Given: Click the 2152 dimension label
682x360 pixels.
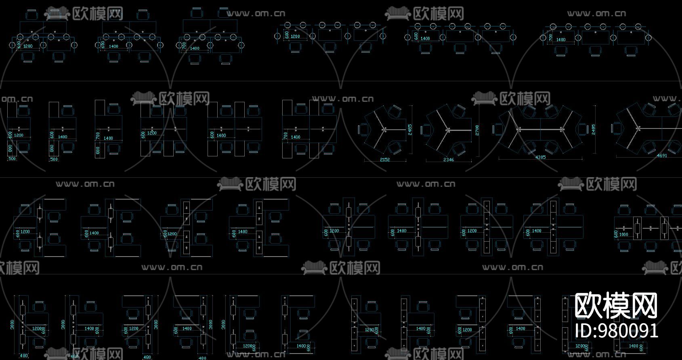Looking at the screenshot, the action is pyautogui.click(x=385, y=160).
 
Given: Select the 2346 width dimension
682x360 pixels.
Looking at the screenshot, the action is pyautogui.click(x=449, y=160).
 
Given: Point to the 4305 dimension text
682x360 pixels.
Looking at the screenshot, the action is pyautogui.click(x=540, y=157).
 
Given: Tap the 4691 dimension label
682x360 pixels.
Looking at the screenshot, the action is pyautogui.click(x=662, y=156).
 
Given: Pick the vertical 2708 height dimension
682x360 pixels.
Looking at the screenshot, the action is pyautogui.click(x=477, y=130).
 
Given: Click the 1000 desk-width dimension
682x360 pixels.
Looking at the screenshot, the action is pyautogui.click(x=624, y=234).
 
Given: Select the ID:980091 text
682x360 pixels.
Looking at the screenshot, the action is pyautogui.click(x=616, y=331).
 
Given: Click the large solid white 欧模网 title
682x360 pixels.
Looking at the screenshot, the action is pyautogui.click(x=616, y=306).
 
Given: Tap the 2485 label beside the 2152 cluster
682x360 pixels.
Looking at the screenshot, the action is pyautogui.click(x=409, y=130).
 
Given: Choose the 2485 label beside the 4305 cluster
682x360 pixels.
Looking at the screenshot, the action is pyautogui.click(x=593, y=129).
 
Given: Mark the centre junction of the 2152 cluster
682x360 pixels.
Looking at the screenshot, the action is pyautogui.click(x=385, y=129).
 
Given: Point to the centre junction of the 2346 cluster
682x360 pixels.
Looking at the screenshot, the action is pyautogui.click(x=447, y=130).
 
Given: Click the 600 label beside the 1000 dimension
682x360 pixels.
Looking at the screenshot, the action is pyautogui.click(x=616, y=234).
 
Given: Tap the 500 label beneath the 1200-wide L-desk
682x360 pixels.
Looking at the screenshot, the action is pyautogui.click(x=12, y=159).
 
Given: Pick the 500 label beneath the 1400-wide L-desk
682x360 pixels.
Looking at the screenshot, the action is pyautogui.click(x=54, y=159).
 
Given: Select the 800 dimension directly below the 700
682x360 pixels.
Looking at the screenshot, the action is pyautogui.click(x=98, y=151).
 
